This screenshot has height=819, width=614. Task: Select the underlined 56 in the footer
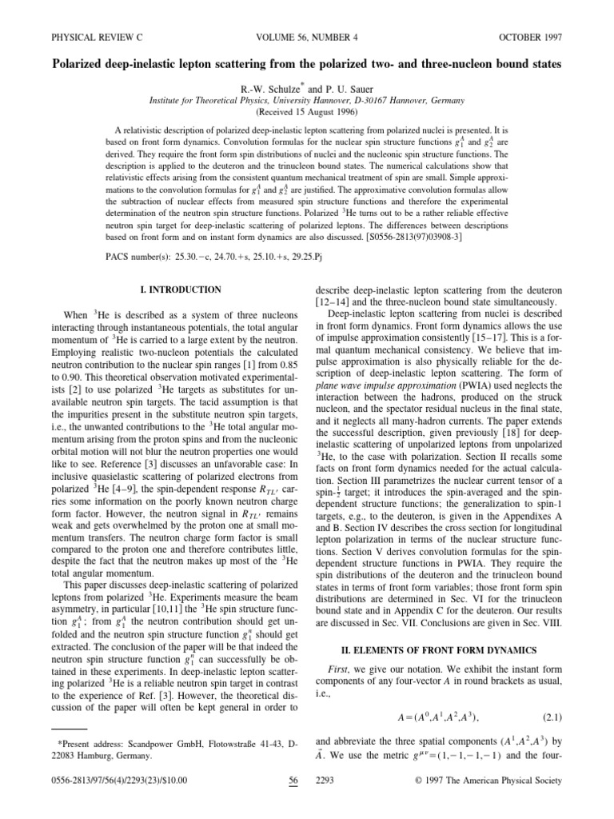pos(290,803)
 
